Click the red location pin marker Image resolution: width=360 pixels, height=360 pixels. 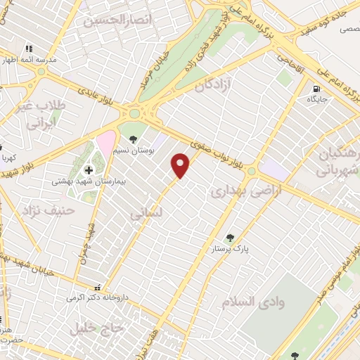(181, 165)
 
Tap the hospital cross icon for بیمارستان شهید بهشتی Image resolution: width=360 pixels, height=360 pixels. (89, 169)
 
